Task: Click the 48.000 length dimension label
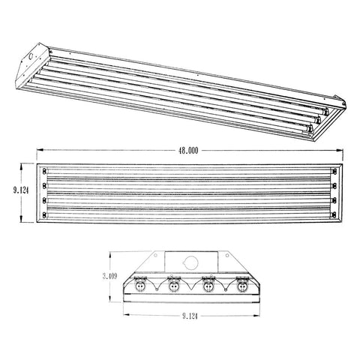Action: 188,150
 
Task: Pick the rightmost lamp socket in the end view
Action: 242,286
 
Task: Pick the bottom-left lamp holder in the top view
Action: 46,217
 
